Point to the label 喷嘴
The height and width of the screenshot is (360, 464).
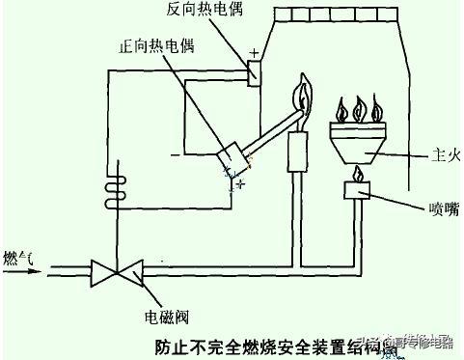[425, 207]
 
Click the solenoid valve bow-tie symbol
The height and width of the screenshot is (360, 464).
[114, 271]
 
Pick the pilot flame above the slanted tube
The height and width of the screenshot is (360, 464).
[307, 97]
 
